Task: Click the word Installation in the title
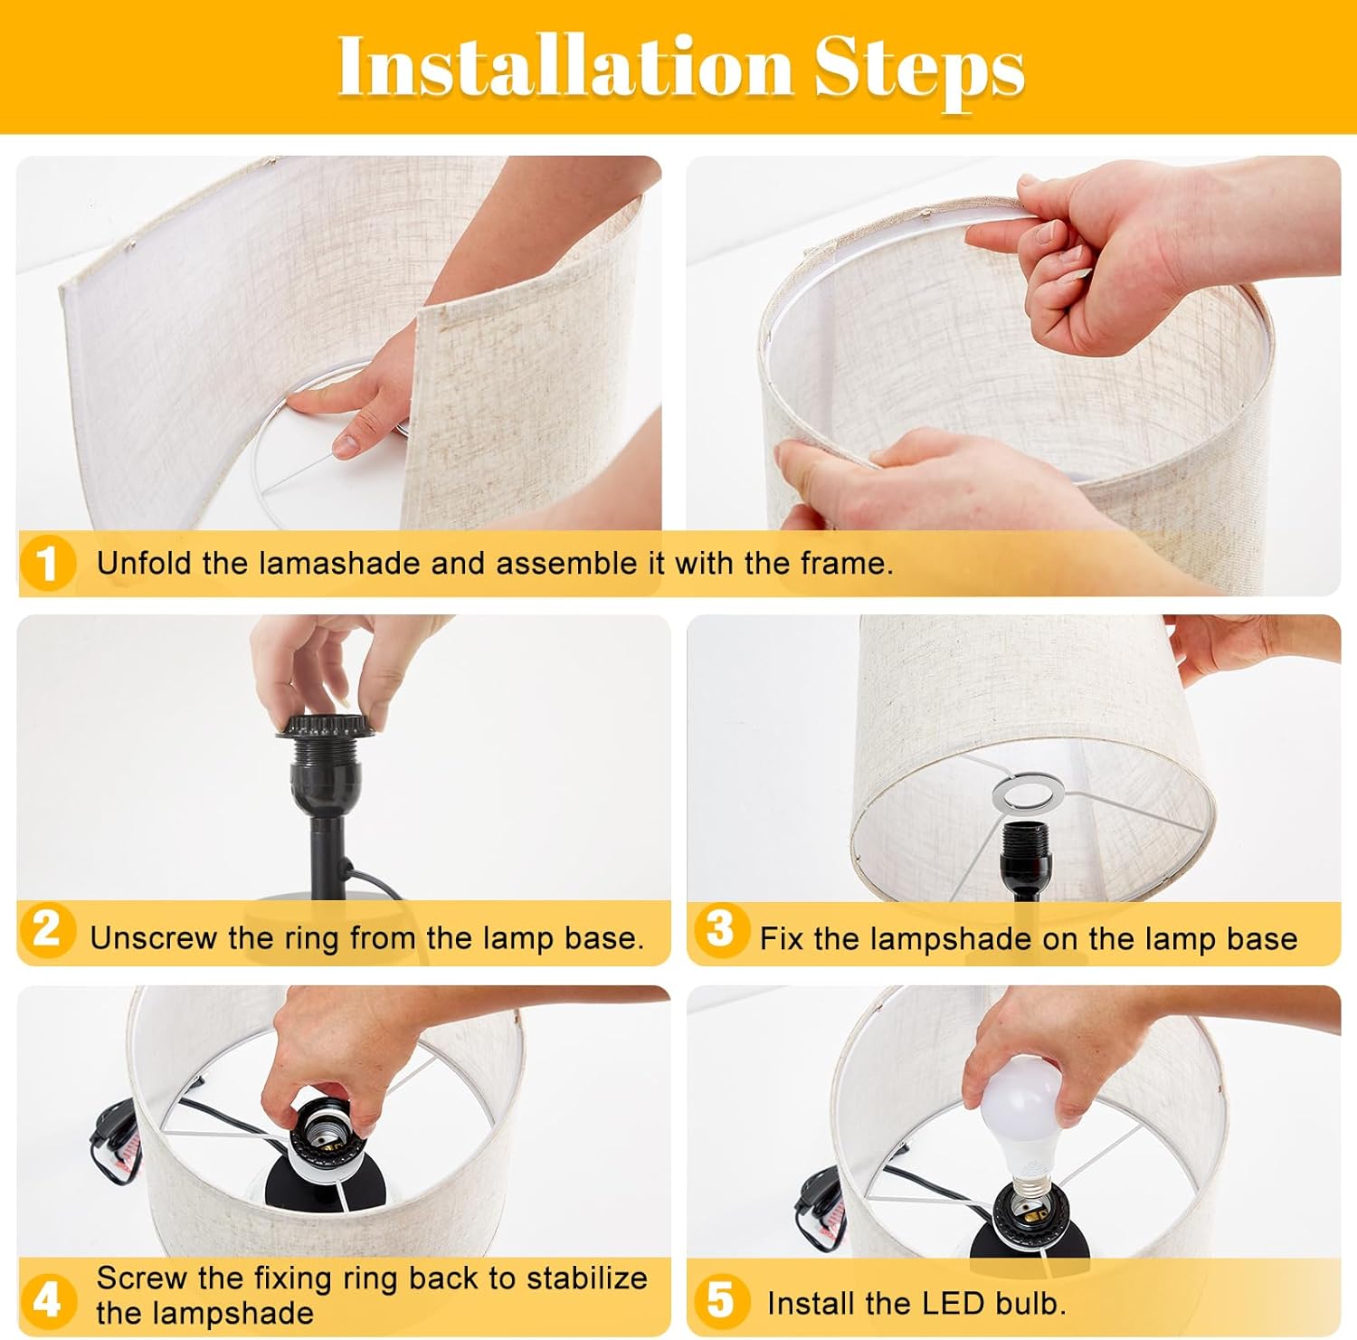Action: click(565, 67)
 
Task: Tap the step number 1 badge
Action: click(46, 563)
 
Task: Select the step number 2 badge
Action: click(46, 930)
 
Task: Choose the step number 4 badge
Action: click(46, 1299)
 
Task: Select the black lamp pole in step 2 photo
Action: click(323, 854)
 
